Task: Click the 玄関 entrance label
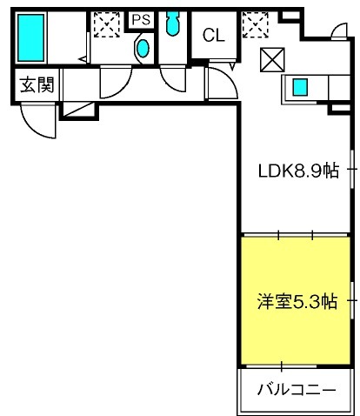pos(37,84)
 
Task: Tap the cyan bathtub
pos(31,37)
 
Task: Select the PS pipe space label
pos(141,20)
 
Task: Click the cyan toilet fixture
pos(173,23)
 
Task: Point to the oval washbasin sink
pos(143,48)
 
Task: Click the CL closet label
pos(214,35)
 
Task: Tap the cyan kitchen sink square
pos(300,87)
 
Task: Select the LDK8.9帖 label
pos(298,171)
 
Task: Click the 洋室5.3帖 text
pos(297,302)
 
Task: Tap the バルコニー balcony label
pos(297,390)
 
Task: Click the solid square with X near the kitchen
pos(272,60)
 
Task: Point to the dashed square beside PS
pos(107,24)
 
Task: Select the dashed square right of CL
pos(255,25)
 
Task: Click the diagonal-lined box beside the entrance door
pos(79,110)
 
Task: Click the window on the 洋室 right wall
pos(352,300)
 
